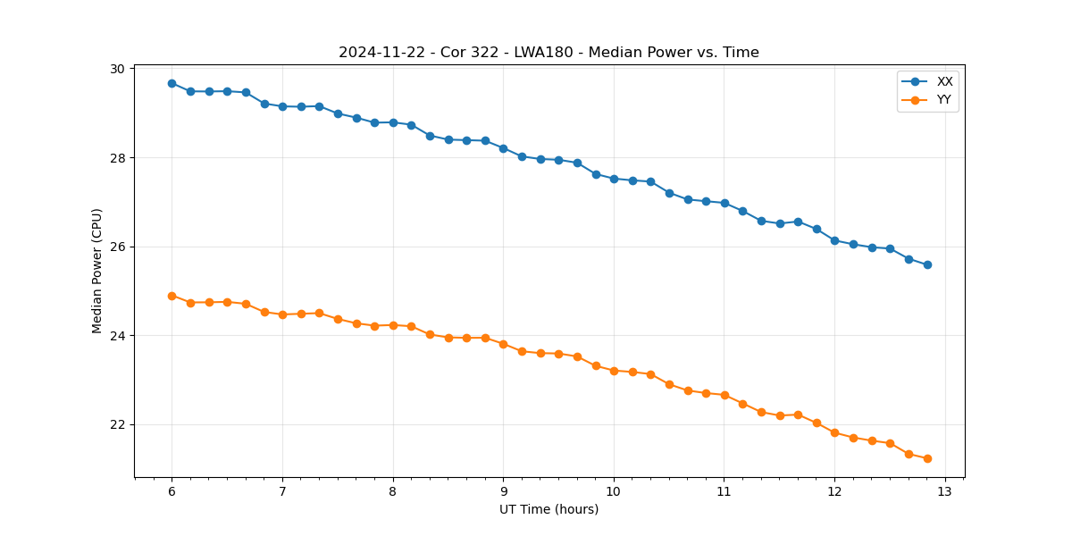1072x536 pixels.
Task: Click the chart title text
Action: (549, 53)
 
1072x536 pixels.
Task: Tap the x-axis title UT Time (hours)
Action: (549, 509)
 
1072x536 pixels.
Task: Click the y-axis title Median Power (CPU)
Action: (97, 271)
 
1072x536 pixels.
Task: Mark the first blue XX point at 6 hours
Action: (172, 83)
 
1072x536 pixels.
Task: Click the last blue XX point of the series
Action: (927, 264)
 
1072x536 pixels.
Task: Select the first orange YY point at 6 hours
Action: (172, 296)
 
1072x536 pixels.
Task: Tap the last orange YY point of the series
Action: (927, 458)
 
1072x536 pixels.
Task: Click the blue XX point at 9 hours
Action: (503, 148)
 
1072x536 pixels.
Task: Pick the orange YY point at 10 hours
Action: (614, 370)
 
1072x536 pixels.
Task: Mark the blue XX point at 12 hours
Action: (834, 240)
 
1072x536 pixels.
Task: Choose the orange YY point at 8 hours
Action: (393, 325)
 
